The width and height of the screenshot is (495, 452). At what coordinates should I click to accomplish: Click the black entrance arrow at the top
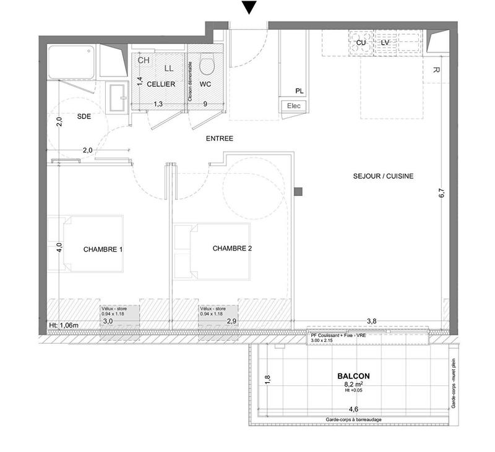pos(249,7)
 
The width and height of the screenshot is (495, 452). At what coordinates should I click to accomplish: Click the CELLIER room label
pos(161,84)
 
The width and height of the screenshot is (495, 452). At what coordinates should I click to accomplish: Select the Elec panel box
pos(294,106)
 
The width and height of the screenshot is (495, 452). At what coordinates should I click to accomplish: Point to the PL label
pos(299,91)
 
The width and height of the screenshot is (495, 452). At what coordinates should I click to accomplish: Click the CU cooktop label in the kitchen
pos(361,42)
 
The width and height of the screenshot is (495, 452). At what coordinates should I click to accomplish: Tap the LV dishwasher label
pos(385,42)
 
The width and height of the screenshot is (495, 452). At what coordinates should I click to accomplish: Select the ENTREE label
pos(219,139)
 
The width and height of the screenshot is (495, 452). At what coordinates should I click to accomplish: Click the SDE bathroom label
pos(84,116)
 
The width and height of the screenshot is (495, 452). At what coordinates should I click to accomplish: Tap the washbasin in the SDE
pos(115,97)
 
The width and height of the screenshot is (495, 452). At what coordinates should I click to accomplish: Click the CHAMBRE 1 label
pos(103,250)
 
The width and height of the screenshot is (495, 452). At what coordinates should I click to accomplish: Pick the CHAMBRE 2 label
pos(232,249)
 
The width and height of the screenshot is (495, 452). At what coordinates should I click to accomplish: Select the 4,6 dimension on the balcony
pos(353,409)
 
